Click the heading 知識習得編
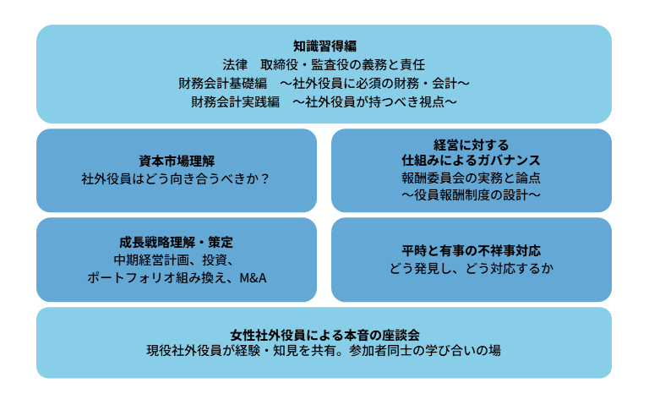coord(324,46)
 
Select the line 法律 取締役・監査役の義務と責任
coord(324,64)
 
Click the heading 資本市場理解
coord(177,161)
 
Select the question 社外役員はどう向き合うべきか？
coord(177,179)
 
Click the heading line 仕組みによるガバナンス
coord(472,160)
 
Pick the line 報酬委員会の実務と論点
coord(472,178)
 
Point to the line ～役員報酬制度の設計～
coord(472,196)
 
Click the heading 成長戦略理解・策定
coord(177,241)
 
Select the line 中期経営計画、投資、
coord(177,260)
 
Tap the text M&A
coord(253,278)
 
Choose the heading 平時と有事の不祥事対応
coord(472,251)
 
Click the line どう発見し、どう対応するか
coord(472,269)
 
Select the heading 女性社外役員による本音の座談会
coord(324,333)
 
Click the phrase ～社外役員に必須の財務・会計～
coord(375,83)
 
